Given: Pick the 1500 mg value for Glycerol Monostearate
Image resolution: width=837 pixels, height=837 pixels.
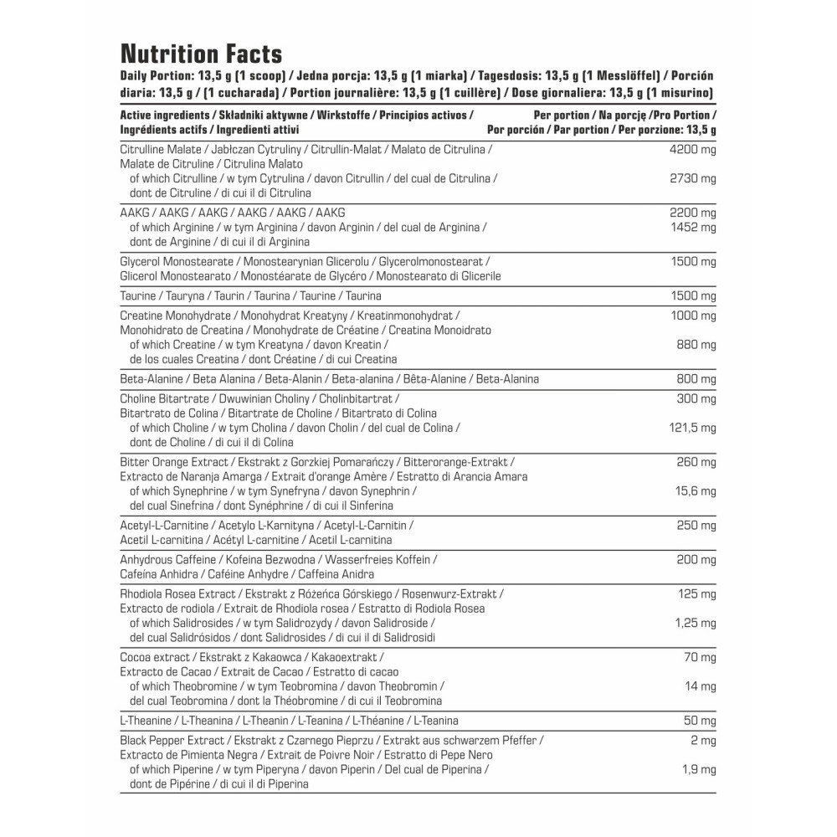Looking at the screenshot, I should click(x=693, y=261).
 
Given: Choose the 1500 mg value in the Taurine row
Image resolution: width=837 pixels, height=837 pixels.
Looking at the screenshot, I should click(x=693, y=295).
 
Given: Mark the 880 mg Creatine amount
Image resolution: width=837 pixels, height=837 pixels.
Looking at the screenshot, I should click(x=696, y=344).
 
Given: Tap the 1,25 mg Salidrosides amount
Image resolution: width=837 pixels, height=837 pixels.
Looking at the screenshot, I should click(x=695, y=623).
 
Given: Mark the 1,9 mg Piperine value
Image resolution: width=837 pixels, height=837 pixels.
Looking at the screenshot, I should click(x=700, y=769).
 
